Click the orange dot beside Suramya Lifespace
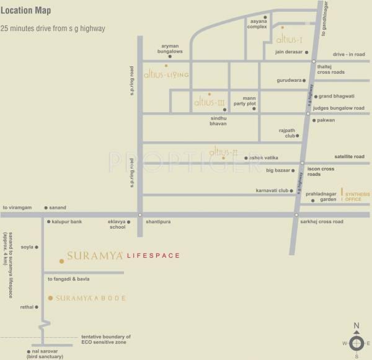[61, 261]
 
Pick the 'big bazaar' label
[279, 170]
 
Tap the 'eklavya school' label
[117, 224]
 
